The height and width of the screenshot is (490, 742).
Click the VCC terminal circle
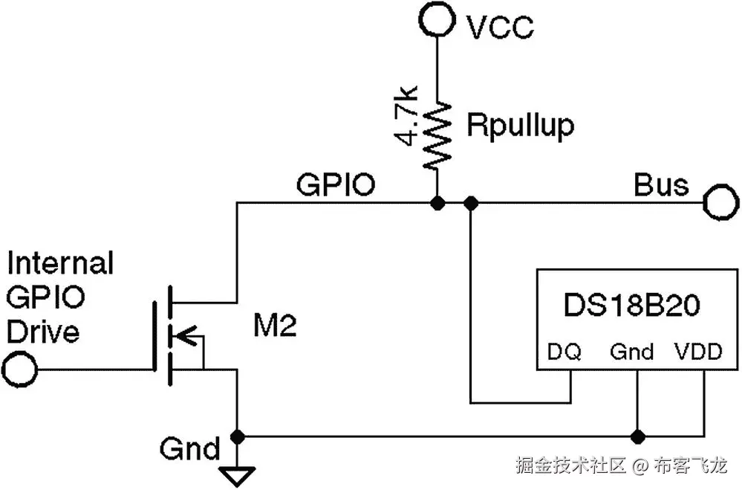click(x=437, y=19)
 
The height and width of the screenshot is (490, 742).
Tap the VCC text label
click(x=499, y=28)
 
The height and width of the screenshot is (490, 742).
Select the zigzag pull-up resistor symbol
click(x=437, y=133)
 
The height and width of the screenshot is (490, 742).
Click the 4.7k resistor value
click(x=408, y=116)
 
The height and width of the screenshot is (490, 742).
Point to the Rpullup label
click(x=520, y=126)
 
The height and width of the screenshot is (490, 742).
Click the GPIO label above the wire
click(x=336, y=184)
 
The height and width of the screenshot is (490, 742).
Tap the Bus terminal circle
click(x=720, y=202)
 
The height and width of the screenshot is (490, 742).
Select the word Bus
click(x=660, y=184)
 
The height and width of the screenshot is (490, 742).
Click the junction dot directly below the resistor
click(x=437, y=203)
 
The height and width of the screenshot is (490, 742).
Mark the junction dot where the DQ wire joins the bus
click(x=470, y=203)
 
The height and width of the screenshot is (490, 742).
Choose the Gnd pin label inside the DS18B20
click(x=632, y=351)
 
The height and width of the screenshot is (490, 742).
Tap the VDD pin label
click(x=697, y=351)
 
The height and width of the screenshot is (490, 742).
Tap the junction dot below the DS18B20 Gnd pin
click(x=637, y=435)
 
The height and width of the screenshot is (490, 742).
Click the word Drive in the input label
click(x=42, y=331)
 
